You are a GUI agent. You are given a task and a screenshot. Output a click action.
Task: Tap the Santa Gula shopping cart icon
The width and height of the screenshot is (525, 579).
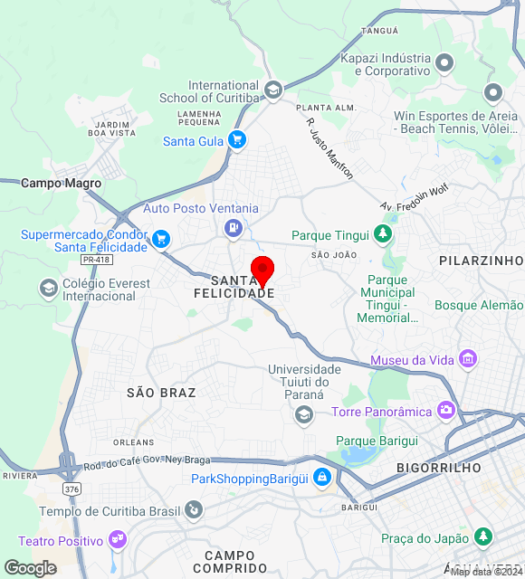(x=237, y=139)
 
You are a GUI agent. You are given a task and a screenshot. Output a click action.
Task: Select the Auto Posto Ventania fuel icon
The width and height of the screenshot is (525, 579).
(x=234, y=227)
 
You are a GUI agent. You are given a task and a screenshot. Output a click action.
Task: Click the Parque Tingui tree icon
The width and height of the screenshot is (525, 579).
(x=384, y=235)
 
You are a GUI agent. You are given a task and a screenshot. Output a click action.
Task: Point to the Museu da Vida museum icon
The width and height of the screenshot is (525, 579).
(x=468, y=360)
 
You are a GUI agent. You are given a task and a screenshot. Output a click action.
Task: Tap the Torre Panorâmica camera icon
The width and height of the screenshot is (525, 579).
(x=445, y=411)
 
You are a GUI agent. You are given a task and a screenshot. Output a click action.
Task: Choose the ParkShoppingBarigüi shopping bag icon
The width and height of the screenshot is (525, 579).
(x=321, y=479)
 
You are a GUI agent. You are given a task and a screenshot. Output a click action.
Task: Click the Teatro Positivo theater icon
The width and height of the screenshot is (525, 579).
(x=116, y=540)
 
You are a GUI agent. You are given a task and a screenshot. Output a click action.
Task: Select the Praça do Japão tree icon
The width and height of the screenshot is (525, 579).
(x=483, y=537)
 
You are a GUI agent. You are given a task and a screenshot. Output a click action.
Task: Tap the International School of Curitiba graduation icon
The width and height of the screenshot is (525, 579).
(x=273, y=90)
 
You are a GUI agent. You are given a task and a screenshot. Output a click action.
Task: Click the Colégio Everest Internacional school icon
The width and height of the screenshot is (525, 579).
(x=48, y=289)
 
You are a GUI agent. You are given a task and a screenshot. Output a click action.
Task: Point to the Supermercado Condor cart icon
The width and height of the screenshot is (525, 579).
(x=161, y=239)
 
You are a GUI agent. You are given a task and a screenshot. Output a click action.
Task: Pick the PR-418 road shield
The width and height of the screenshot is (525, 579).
(x=95, y=260)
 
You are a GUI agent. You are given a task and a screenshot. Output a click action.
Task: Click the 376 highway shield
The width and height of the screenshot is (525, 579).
(x=72, y=489)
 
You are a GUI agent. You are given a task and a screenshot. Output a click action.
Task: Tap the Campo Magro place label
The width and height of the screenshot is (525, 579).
(x=62, y=183)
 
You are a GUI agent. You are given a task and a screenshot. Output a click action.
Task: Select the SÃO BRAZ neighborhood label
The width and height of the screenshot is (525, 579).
(x=161, y=393)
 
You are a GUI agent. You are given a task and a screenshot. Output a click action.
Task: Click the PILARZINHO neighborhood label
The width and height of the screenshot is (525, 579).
(x=481, y=261)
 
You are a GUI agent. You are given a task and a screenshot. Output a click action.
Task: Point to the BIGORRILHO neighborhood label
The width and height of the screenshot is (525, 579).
(x=438, y=468)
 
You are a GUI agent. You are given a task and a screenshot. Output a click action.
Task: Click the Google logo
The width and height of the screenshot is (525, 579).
(x=30, y=568)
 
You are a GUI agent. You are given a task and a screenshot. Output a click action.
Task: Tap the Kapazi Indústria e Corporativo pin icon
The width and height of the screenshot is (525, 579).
(x=444, y=63)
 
